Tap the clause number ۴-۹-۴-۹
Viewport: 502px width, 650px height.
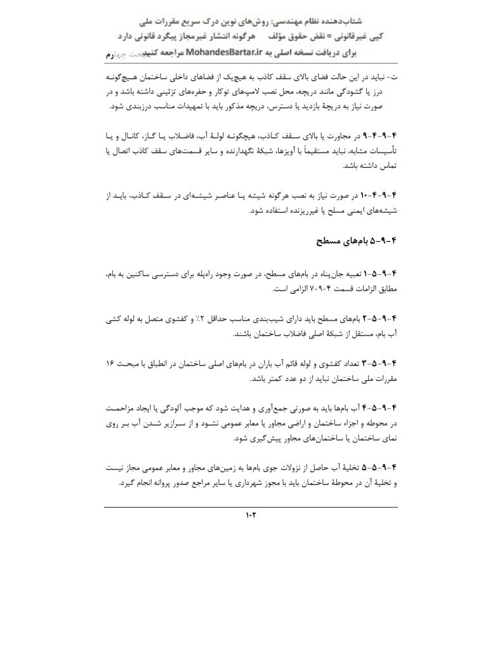[x=380, y=137]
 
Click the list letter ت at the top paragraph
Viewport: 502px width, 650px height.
[x=394, y=76]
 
